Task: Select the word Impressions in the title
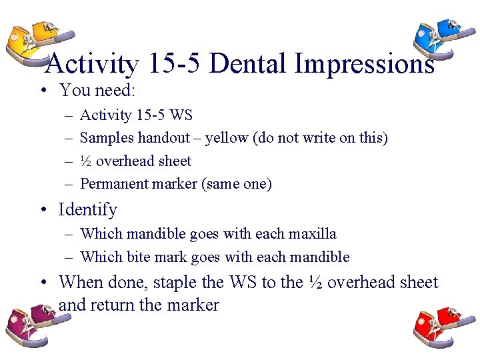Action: [365, 64]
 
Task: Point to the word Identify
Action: [87, 209]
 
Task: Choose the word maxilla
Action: [313, 233]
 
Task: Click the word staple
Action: [176, 282]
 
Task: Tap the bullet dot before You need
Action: [44, 90]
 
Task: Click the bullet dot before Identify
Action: [44, 210]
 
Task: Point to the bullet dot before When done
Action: [44, 283]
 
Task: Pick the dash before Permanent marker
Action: [69, 184]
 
